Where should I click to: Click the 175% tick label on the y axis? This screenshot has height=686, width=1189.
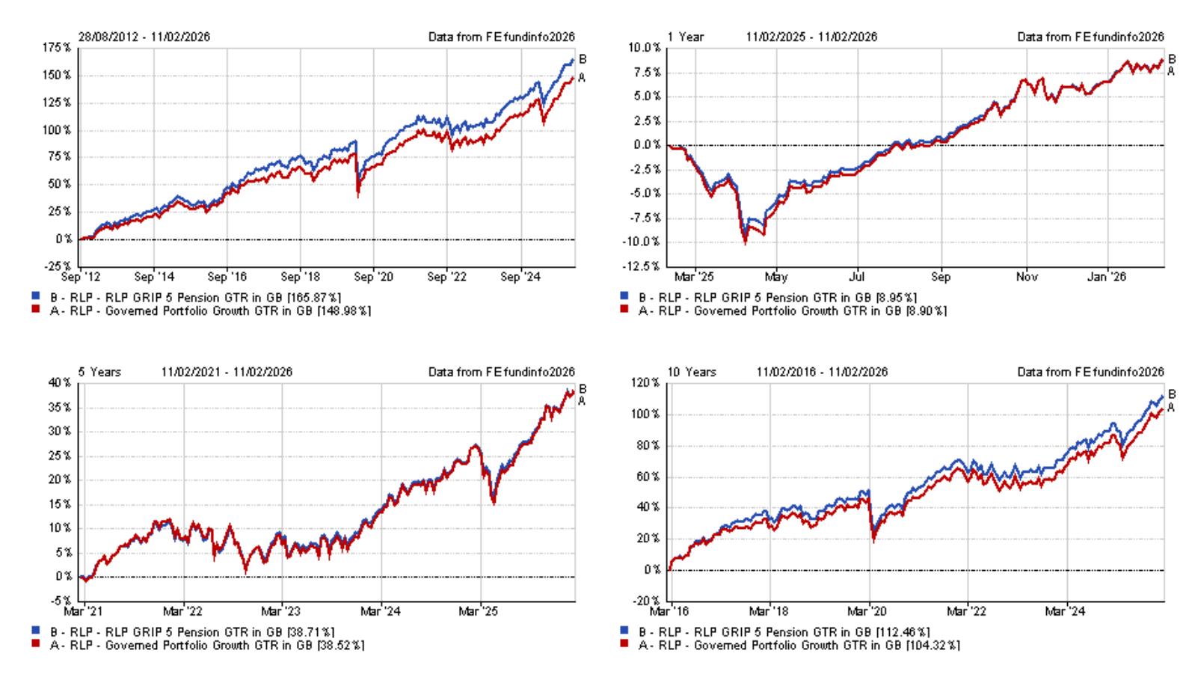coord(57,48)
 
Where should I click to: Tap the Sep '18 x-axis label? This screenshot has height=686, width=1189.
coord(300,277)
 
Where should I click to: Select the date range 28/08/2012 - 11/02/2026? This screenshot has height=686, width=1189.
coord(144,37)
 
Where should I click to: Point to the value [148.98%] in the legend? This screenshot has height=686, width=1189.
coord(344,311)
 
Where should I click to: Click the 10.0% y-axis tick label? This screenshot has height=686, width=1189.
coord(644,48)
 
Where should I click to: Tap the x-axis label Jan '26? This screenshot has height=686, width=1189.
coord(1106,277)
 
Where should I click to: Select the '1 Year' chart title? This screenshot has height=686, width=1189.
coord(686,37)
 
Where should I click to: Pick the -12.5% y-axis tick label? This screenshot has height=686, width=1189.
coord(642,266)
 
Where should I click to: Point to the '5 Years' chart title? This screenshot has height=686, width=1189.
coord(99,372)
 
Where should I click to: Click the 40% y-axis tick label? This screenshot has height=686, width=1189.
coord(60,383)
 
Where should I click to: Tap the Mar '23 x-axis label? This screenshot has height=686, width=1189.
coord(280,611)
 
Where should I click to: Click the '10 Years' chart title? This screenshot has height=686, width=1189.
coord(692,372)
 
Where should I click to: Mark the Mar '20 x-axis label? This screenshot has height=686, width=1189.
coord(867,611)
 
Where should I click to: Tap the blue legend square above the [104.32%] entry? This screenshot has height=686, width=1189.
coord(624,631)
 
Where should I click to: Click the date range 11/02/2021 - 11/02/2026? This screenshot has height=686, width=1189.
coord(227,372)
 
